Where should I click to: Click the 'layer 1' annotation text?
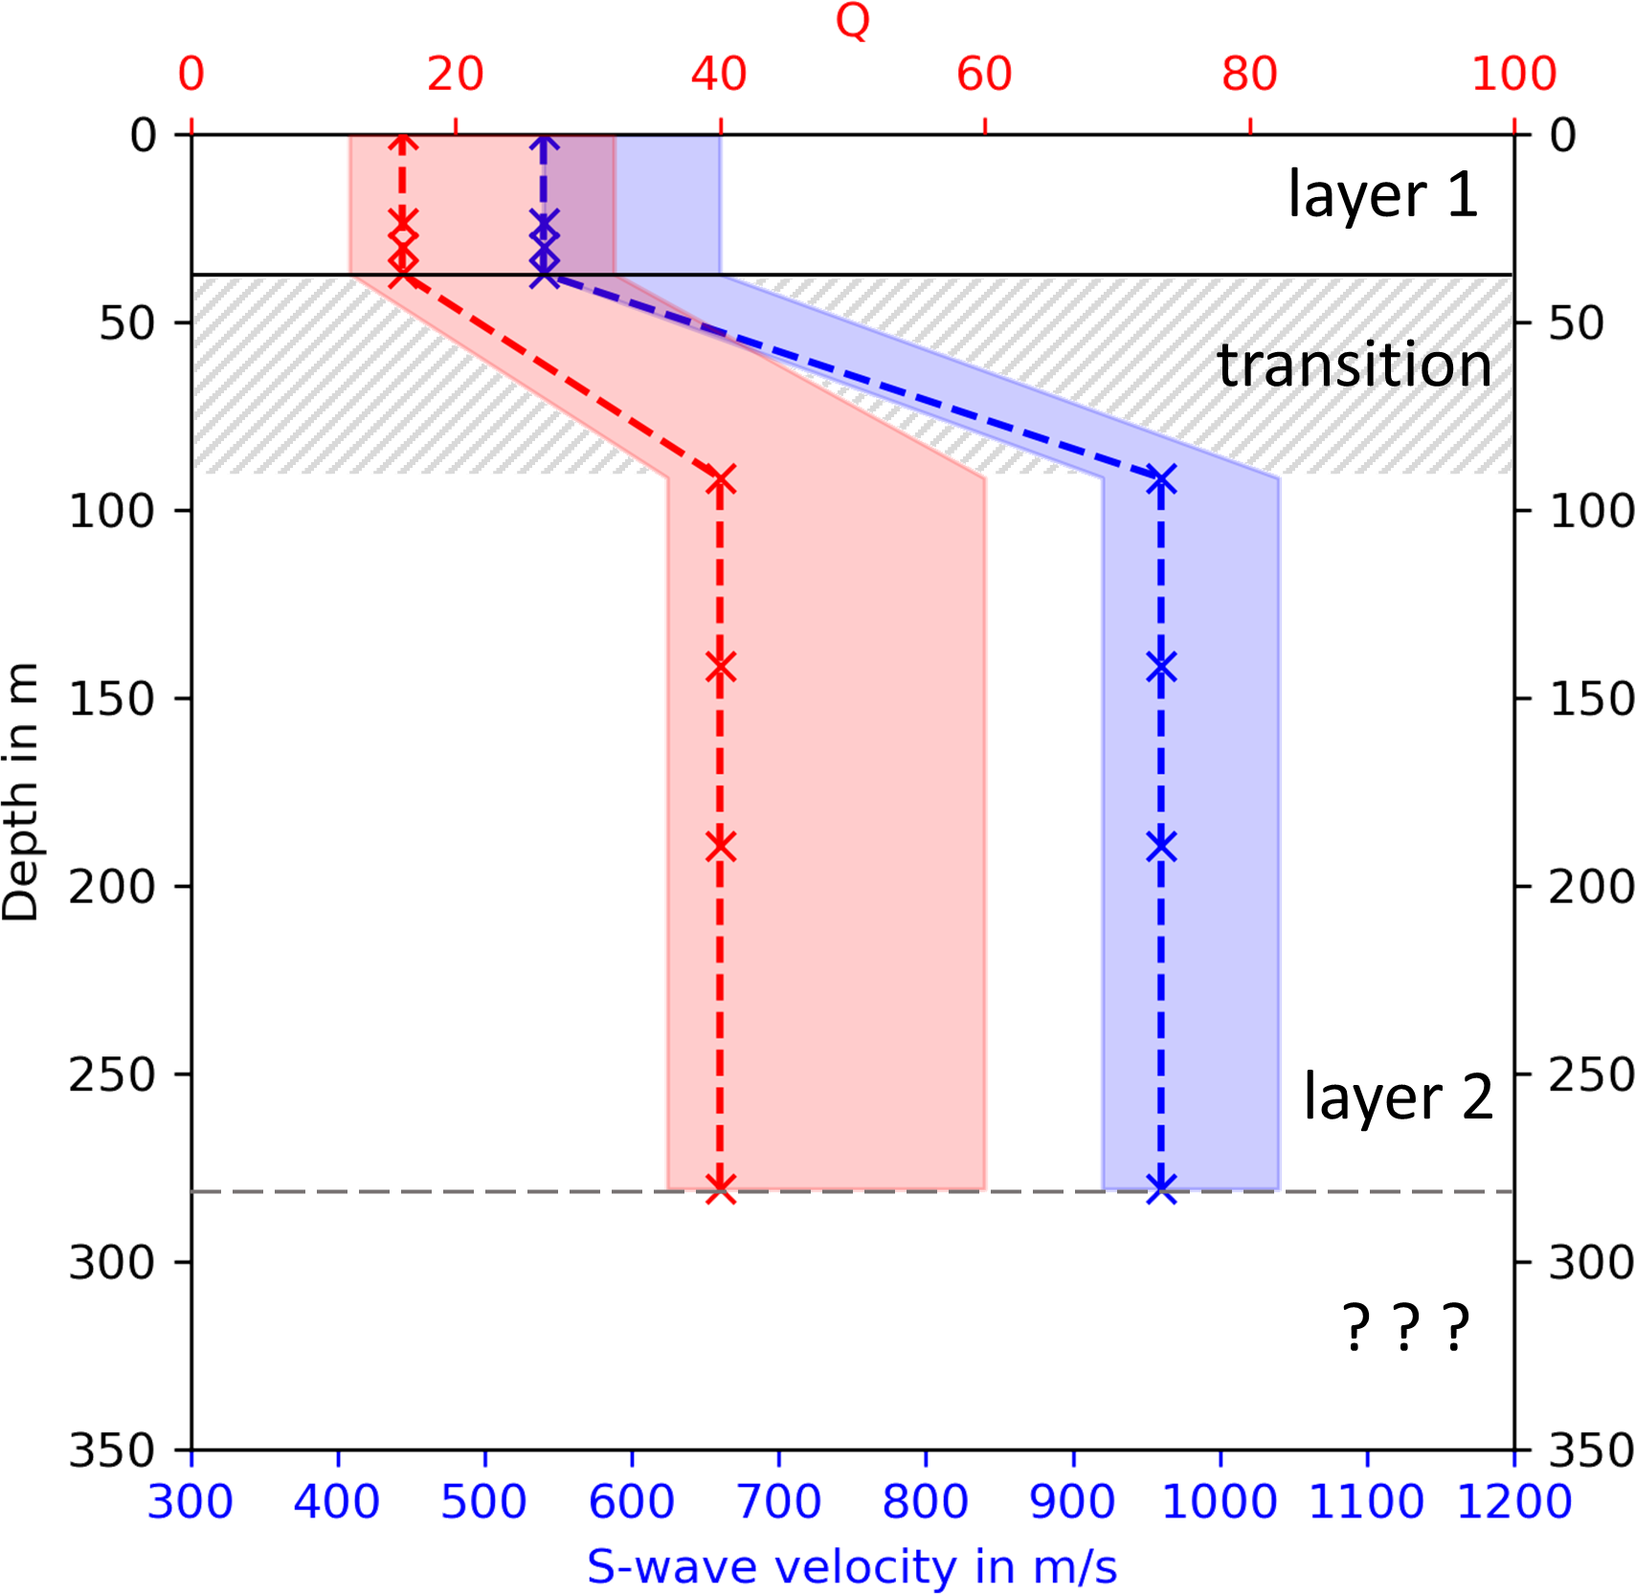(1382, 194)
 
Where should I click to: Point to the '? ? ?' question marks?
(1404, 1326)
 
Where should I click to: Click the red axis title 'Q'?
(852, 20)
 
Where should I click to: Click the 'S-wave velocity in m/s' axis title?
(852, 1567)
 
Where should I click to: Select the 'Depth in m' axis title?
(21, 790)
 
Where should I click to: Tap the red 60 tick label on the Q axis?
(984, 75)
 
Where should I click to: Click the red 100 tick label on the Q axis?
(1513, 75)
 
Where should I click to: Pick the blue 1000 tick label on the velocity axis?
(1219, 1501)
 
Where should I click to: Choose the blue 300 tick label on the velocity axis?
(190, 1501)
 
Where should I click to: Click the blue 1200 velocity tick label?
(1513, 1501)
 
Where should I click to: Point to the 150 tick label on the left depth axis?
(111, 699)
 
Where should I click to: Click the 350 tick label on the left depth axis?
(111, 1450)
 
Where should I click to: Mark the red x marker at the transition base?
(721, 479)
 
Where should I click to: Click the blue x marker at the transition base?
(1161, 479)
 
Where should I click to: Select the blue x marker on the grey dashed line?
(1161, 1190)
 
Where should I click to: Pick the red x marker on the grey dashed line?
(721, 1190)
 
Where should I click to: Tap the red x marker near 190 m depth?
(721, 846)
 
